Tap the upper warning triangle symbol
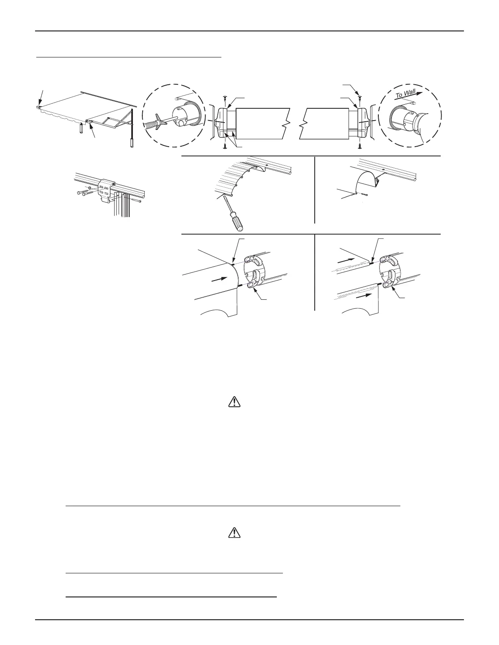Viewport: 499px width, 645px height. tap(234, 402)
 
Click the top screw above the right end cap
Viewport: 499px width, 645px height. tap(360, 97)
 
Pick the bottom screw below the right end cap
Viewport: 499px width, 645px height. tap(360, 145)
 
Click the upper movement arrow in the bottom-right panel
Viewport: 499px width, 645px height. tap(345, 258)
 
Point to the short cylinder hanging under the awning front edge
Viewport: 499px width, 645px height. tap(81, 129)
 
